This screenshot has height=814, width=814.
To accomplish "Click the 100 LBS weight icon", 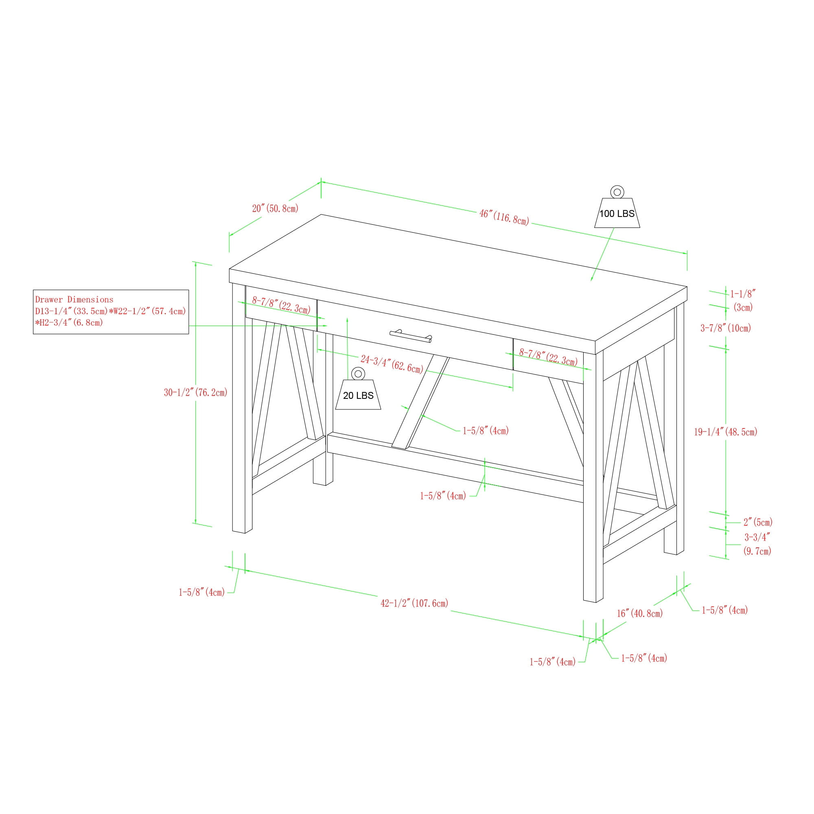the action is [x=617, y=207].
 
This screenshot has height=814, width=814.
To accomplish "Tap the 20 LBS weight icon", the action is [x=358, y=388].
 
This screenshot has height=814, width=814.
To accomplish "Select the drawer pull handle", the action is [x=411, y=336].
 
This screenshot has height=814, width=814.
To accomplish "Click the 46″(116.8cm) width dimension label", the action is [x=504, y=217].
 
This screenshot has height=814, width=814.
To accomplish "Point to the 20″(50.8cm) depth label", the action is [x=275, y=208].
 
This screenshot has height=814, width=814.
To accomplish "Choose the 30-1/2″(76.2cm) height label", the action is [x=195, y=392].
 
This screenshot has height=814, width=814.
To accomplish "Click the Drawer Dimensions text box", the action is [x=111, y=312].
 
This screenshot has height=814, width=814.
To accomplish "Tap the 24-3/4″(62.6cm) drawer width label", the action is [x=392, y=364].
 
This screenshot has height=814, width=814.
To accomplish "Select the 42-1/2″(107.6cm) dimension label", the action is [x=414, y=603].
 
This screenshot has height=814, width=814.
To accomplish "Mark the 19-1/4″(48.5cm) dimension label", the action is [x=726, y=432].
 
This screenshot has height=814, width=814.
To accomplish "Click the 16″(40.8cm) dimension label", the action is [x=639, y=613].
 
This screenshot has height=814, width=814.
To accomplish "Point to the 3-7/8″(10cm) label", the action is [x=726, y=328].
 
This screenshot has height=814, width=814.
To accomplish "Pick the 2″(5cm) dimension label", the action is [x=758, y=523].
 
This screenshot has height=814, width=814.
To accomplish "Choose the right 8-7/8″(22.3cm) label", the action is [x=548, y=357].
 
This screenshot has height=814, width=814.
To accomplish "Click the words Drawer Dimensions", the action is [x=74, y=300].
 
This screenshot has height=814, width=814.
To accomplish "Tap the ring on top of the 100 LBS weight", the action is [x=617, y=192].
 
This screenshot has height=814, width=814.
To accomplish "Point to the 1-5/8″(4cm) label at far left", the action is [x=201, y=592].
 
